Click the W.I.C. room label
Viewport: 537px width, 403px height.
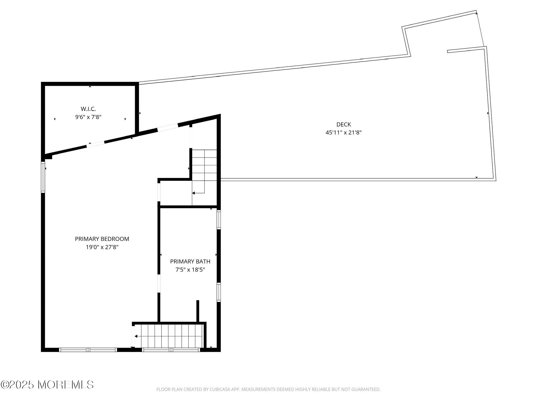tap(88, 109)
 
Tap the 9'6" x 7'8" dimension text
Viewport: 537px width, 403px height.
tap(88, 117)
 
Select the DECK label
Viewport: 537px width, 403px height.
tap(343, 124)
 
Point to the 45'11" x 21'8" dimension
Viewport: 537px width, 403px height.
tap(343, 132)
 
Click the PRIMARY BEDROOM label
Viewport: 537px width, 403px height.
tap(102, 239)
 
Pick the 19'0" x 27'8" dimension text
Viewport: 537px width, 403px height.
tap(102, 247)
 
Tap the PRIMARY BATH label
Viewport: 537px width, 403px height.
tap(190, 261)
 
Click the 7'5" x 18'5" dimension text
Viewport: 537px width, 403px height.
tap(190, 269)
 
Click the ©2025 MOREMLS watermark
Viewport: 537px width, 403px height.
tap(47, 385)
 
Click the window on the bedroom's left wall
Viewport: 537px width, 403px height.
tap(43, 177)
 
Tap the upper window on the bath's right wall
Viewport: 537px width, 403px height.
tap(218, 220)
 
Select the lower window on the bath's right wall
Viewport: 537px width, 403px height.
tap(218, 292)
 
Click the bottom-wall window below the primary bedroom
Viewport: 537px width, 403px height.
tap(88, 350)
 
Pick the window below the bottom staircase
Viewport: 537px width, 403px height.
tap(171, 350)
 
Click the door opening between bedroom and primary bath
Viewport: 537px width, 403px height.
tap(159, 284)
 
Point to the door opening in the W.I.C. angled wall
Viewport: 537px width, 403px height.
tap(95, 144)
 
